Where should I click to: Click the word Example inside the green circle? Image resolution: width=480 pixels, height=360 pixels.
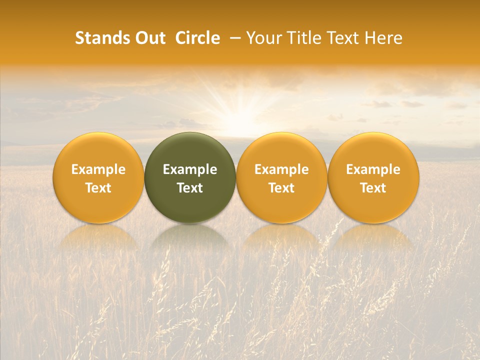click(x=190, y=169)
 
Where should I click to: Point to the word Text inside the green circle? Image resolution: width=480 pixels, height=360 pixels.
click(x=190, y=188)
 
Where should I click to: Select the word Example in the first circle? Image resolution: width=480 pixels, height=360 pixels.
click(x=98, y=169)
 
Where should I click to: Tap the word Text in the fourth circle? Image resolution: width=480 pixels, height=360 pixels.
click(x=373, y=188)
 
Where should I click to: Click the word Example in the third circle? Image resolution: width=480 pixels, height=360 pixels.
click(x=281, y=169)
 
